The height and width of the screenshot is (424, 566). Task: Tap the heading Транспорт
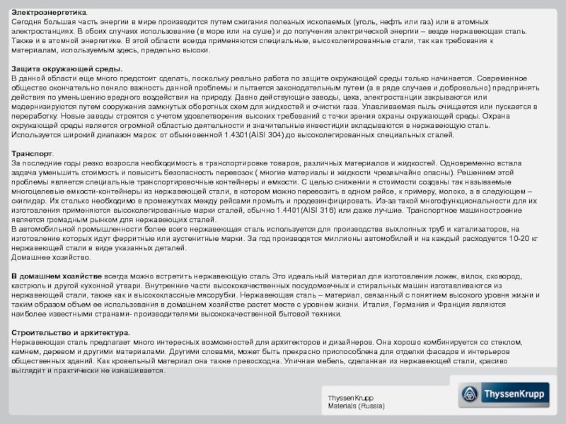tap(33, 153)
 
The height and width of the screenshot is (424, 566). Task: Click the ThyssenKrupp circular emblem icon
tap(469, 395)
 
